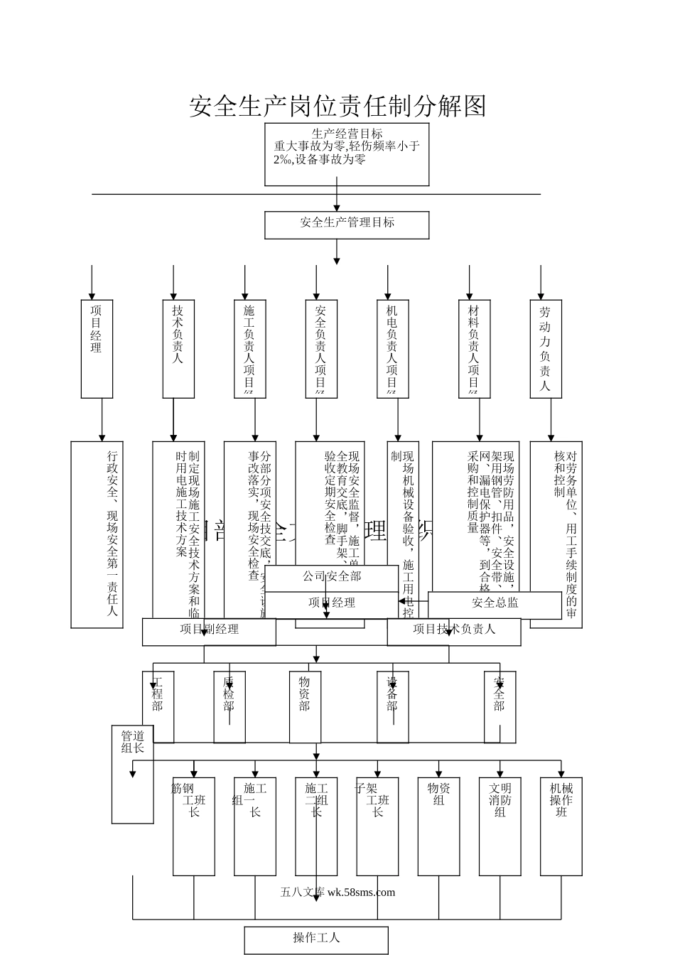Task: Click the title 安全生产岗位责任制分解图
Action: click(337, 106)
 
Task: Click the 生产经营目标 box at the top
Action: click(347, 154)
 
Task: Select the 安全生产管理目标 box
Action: click(347, 225)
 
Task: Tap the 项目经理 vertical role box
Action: click(97, 348)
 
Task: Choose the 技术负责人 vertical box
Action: click(178, 348)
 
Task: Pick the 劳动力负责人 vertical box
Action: click(545, 348)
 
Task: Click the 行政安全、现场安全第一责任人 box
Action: click(97, 534)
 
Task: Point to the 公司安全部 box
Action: click(331, 577)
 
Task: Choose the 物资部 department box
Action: click(304, 706)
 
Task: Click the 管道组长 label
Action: click(132, 741)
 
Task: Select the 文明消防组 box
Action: click(499, 826)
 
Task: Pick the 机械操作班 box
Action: click(561, 826)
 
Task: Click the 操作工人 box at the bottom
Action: click(316, 939)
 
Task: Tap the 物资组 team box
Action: click(438, 826)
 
